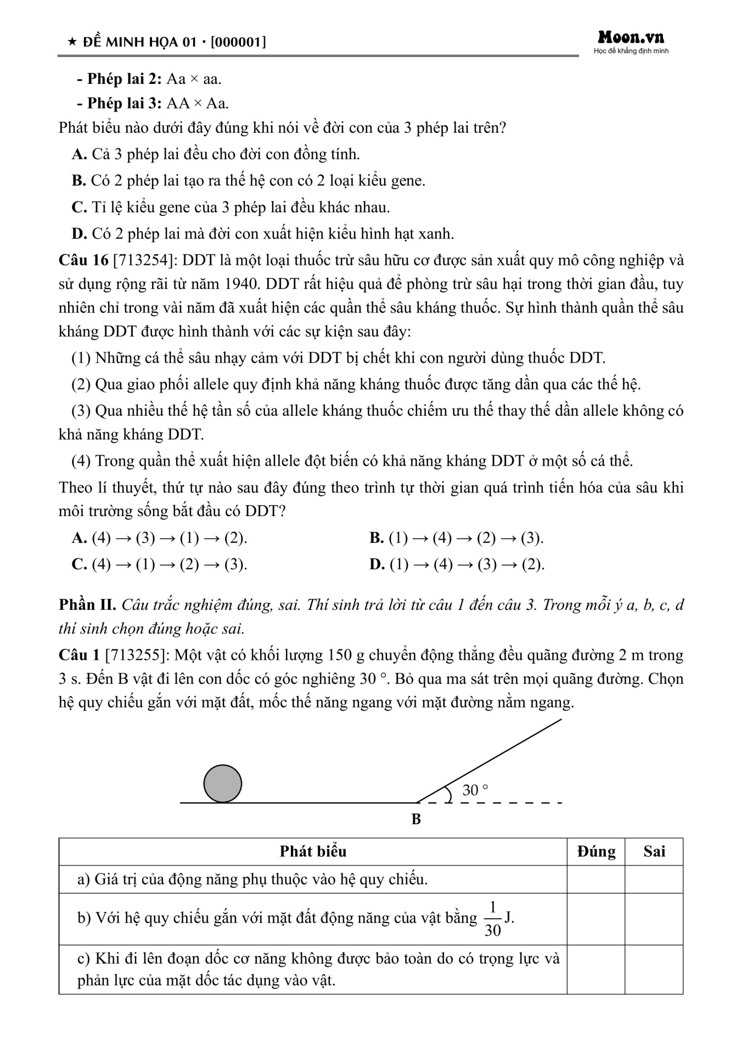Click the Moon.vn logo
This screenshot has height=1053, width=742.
pos(631,38)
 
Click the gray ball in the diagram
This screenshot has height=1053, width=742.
pos(222,784)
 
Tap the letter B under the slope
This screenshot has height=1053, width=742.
pos(416,819)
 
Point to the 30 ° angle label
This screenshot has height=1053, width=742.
pos(475,790)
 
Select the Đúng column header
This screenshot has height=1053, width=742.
pos(596,852)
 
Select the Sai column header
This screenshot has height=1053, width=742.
pos(654,852)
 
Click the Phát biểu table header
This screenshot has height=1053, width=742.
pos(313,852)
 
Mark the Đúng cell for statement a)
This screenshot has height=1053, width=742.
pos(596,880)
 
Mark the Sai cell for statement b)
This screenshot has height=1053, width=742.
pos(654,919)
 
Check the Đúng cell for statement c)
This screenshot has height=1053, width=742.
pos(596,970)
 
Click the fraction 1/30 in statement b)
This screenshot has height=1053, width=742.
pos(492,919)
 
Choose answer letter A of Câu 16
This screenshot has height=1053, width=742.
pos(80,538)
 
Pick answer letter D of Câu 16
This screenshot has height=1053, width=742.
pos(376,564)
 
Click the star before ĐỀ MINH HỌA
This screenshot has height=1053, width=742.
pos(71,42)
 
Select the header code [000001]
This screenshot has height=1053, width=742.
pos(238,42)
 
